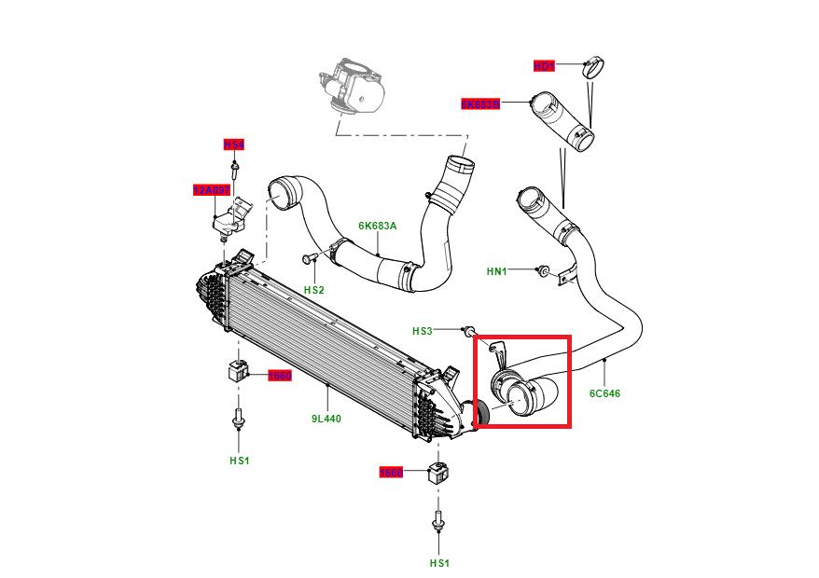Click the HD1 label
[x=544, y=65]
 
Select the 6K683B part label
[x=480, y=104]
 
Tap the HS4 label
[x=233, y=144]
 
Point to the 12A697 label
[x=210, y=190]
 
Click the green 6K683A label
[x=378, y=226]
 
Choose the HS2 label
[x=313, y=290]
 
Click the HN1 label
[x=497, y=271]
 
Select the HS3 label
[x=423, y=331]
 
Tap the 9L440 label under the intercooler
[x=326, y=419]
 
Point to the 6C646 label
[x=604, y=393]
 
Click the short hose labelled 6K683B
[x=562, y=121]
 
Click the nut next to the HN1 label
[x=541, y=270]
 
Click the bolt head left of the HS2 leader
[x=307, y=256]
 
